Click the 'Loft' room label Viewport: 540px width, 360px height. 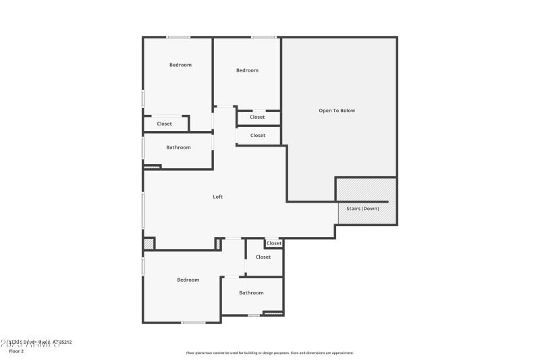[217, 197]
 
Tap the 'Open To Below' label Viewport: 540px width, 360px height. [337, 110]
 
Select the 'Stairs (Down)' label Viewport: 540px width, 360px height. [362, 209]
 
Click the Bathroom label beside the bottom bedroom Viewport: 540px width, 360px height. [251, 292]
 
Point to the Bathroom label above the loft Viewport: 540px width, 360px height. [178, 147]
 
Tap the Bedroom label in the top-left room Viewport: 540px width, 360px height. [180, 65]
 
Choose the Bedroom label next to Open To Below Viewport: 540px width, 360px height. [247, 70]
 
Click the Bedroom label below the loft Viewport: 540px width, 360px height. [188, 280]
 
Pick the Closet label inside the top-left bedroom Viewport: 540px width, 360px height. [164, 124]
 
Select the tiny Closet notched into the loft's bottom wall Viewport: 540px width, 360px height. [273, 243]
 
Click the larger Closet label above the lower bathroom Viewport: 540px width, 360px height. [263, 257]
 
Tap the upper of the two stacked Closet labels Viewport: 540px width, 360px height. [257, 117]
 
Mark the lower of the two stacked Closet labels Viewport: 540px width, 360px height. [257, 135]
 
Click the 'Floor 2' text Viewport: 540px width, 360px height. [16, 351]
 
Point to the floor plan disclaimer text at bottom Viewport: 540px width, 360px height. [269, 353]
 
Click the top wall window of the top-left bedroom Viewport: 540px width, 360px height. [178, 37]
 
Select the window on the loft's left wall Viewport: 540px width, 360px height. [142, 210]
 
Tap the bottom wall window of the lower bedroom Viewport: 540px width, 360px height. [193, 322]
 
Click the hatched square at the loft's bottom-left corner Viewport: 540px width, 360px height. [148, 244]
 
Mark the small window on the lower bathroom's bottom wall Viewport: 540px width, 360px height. [254, 315]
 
